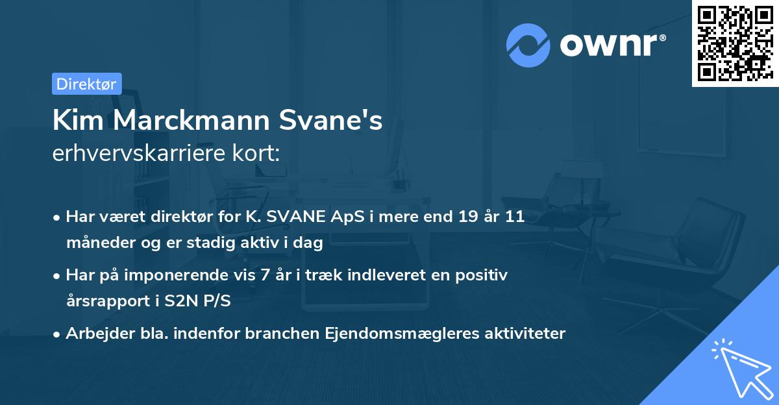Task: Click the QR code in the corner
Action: click(735, 43)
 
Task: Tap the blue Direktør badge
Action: click(86, 84)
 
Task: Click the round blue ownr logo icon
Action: click(528, 45)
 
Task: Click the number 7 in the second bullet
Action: click(262, 275)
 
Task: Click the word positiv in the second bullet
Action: click(485, 275)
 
